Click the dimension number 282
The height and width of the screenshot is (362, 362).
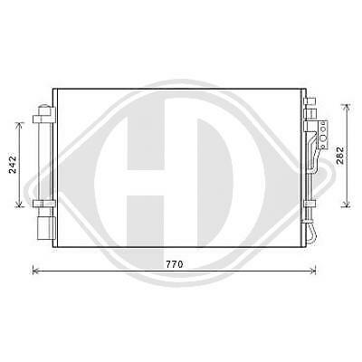click(338, 155)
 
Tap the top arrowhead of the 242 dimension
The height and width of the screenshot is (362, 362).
click(17, 119)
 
